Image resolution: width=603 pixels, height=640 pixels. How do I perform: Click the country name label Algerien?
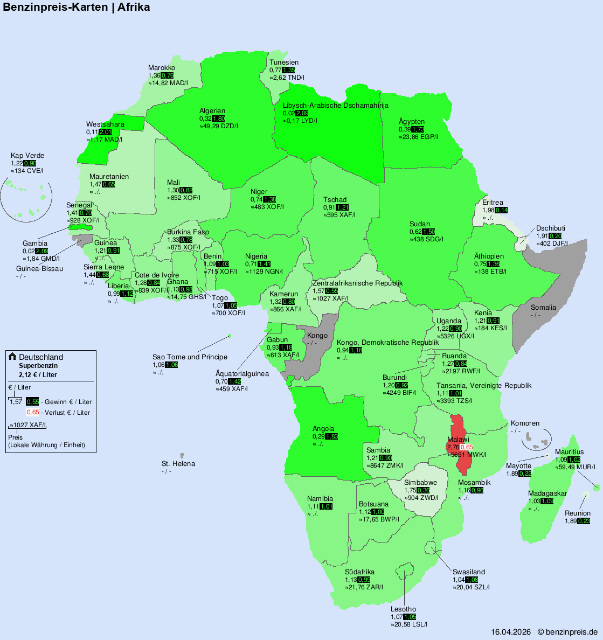(212, 111)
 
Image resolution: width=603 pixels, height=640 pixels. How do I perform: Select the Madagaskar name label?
(547, 493)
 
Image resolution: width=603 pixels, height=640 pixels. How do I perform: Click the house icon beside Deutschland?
(12, 357)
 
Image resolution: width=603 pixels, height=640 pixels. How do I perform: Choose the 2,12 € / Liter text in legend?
(38, 375)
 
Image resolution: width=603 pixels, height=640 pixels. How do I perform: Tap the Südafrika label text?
(359, 572)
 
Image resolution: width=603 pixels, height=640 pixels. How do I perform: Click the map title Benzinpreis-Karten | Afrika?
(77, 8)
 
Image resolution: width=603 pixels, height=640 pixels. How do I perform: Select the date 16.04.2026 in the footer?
(511, 632)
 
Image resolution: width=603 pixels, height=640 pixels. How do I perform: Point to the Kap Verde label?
(27, 156)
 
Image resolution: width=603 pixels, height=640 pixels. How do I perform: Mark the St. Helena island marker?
(182, 455)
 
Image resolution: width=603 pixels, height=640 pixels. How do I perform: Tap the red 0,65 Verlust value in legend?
(33, 413)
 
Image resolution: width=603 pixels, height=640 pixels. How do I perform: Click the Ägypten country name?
(412, 122)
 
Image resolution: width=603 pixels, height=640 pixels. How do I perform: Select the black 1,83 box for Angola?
(331, 436)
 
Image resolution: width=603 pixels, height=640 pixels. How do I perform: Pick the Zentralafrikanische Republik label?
(357, 283)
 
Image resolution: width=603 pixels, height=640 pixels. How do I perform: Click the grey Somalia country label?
(543, 308)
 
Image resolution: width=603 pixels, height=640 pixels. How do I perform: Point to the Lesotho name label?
(403, 609)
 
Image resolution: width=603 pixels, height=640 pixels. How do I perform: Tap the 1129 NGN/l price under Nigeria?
(264, 272)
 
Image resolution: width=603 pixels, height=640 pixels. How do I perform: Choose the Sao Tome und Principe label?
(190, 357)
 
